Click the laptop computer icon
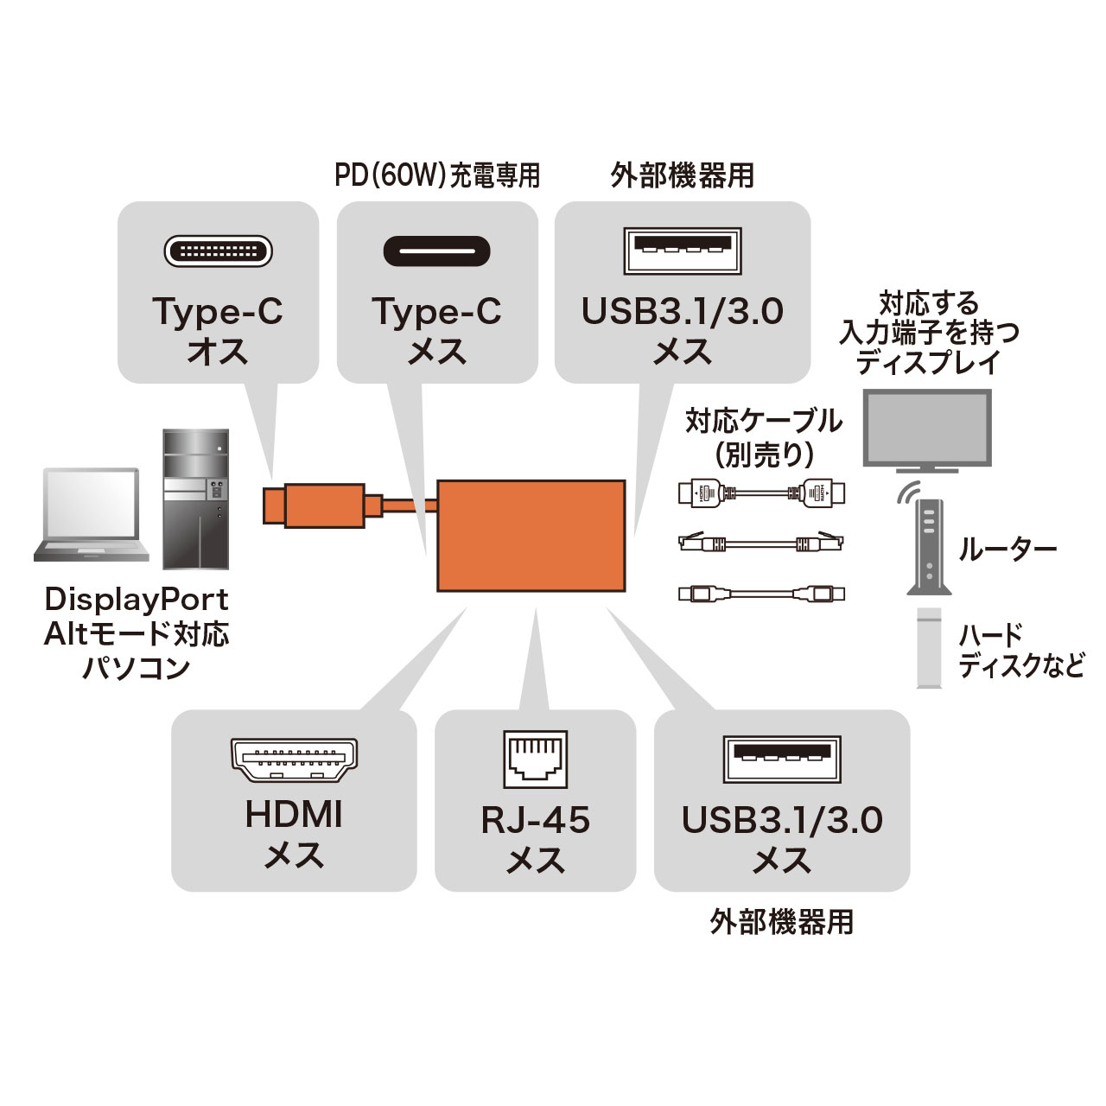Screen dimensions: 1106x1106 pyautogui.click(x=89, y=515)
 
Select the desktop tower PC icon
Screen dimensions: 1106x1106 pyautogui.click(x=196, y=499)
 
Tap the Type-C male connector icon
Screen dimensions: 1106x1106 pyautogui.click(x=219, y=251)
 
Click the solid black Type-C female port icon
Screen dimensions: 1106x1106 pyautogui.click(x=437, y=251)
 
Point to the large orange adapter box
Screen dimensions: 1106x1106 pyautogui.click(x=531, y=536)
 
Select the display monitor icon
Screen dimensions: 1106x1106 pyautogui.click(x=927, y=430)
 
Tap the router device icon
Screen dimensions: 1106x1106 pyautogui.click(x=928, y=546)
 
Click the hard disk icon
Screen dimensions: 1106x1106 pyautogui.click(x=929, y=648)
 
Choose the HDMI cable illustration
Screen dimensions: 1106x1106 pyautogui.click(x=761, y=494)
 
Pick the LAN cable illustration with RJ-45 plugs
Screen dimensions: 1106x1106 pyautogui.click(x=761, y=543)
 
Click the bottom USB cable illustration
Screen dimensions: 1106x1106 pyautogui.click(x=761, y=594)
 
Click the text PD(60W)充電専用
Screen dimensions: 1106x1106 pyautogui.click(x=437, y=175)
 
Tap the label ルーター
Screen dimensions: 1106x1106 pyautogui.click(x=1007, y=549)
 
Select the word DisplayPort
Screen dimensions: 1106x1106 pyautogui.click(x=137, y=599)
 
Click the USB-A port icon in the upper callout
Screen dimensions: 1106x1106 pyautogui.click(x=683, y=251)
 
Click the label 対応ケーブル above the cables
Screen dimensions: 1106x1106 pyautogui.click(x=763, y=421)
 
